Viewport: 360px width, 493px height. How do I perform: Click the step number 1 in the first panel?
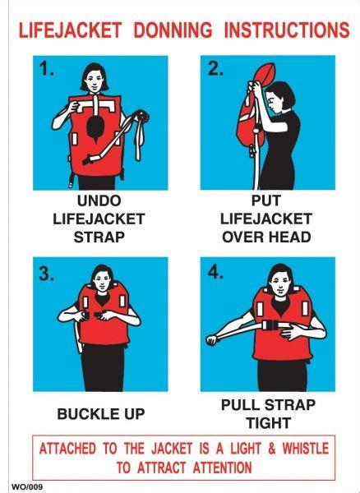coord(47,71)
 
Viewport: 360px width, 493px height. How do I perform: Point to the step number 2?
coord(215,71)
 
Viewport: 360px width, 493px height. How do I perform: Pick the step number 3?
coord(47,274)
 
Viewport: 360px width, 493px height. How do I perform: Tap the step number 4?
coord(215,274)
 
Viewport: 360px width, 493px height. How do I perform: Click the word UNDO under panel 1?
coord(99,200)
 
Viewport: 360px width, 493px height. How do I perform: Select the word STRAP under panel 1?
coord(99,237)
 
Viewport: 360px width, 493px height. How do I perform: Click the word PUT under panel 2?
coord(267,200)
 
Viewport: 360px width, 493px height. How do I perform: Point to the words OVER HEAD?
coord(267,237)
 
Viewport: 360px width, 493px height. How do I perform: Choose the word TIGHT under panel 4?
coord(267,423)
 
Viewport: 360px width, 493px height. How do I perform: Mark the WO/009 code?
coord(26,486)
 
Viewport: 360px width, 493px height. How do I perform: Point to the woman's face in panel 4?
coord(279,283)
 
